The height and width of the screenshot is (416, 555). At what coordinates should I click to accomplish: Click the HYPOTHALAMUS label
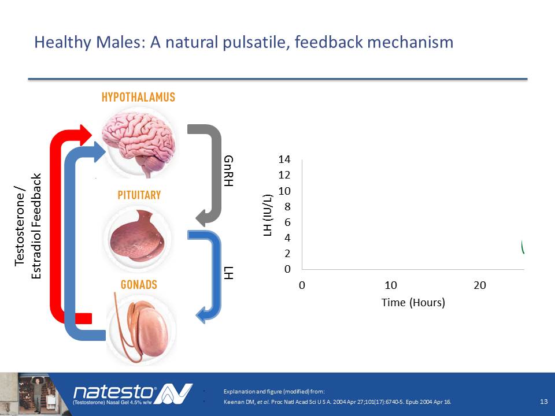138,97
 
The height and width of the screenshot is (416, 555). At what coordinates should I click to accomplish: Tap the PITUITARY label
139,195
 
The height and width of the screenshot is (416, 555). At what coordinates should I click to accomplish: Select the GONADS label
139,285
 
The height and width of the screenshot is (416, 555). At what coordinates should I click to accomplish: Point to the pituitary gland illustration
138,236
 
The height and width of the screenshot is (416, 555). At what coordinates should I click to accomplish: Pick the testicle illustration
142,329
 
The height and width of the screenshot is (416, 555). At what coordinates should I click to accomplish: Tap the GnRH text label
229,171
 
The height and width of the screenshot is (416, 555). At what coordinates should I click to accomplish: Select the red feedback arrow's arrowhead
86,135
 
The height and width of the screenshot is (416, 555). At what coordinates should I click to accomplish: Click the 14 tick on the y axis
284,159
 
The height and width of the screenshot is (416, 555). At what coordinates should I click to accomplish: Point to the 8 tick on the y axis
287,207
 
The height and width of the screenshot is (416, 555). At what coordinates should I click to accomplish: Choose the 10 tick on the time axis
391,285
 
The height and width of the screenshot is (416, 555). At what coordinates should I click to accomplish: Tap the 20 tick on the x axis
480,285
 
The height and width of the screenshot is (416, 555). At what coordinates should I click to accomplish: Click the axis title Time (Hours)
413,303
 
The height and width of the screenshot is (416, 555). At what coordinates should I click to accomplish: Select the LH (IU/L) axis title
268,216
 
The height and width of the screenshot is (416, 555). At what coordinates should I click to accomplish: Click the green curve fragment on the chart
523,247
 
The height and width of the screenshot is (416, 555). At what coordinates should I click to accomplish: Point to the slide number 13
544,402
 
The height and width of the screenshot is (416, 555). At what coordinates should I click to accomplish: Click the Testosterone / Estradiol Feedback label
28,226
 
